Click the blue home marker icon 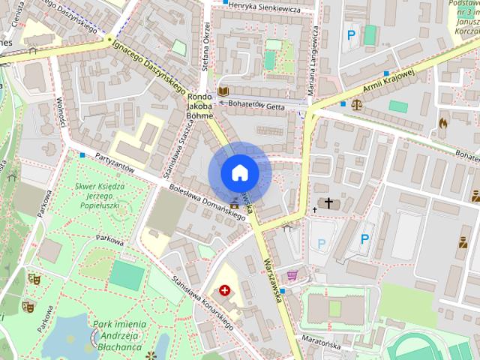pyautogui.click(x=239, y=173)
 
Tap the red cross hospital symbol pyautogui.click(x=224, y=290)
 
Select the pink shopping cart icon pyautogui.click(x=292, y=274)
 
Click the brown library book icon pyautogui.click(x=223, y=91)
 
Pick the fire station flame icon pyautogui.click(x=443, y=121)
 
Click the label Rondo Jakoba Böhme pyautogui.click(x=200, y=106)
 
